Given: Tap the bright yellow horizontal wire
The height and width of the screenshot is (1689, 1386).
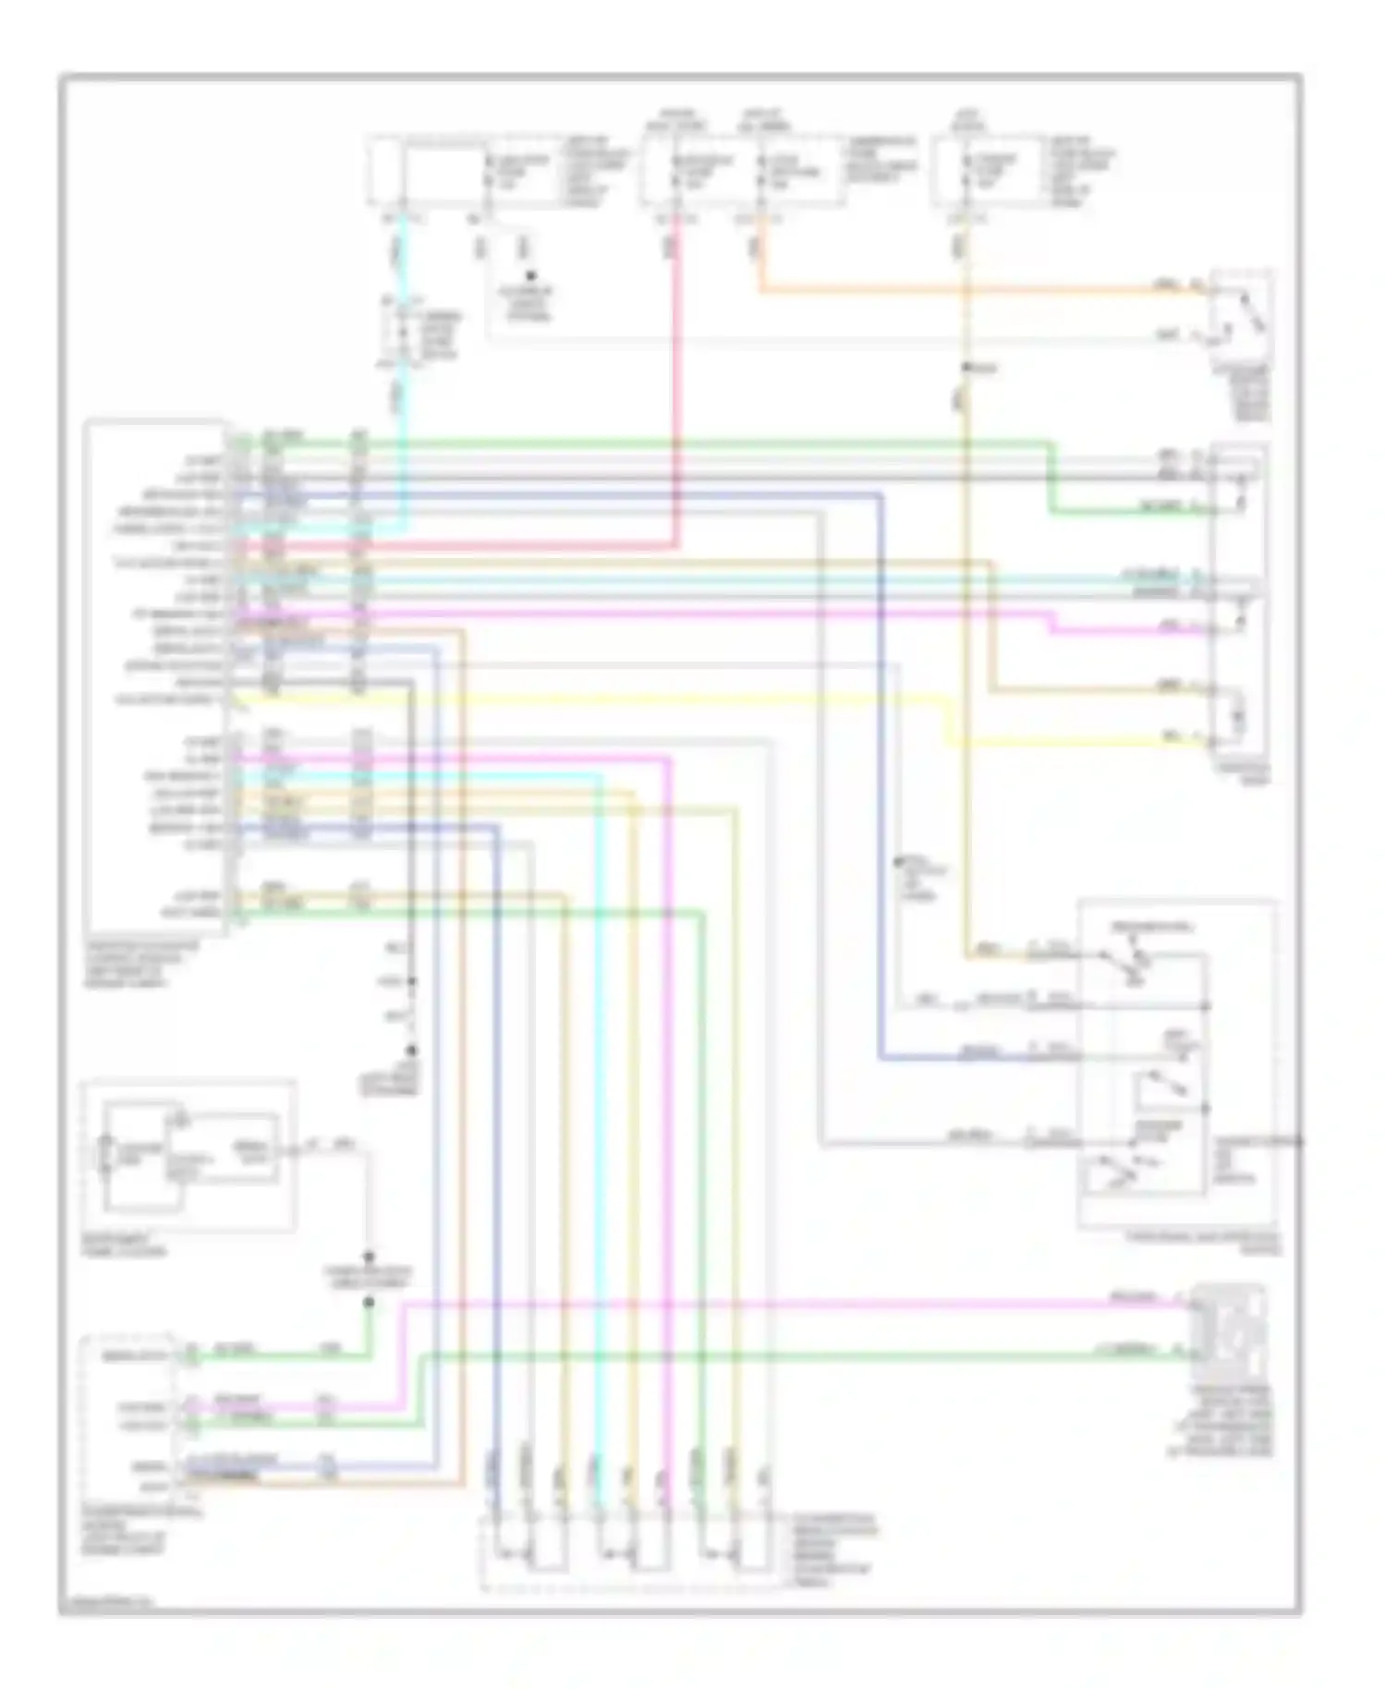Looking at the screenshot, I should point(591,699).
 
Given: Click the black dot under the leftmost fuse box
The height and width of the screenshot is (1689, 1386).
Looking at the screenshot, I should point(530,275).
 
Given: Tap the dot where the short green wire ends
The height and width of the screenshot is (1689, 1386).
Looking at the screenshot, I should point(370,1302).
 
